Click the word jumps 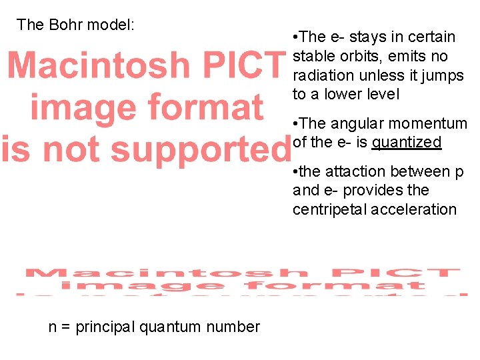tap(443, 75)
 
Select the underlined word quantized tap(407, 142)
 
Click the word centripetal tap(329, 209)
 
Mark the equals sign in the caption tap(66, 327)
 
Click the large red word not tap(65, 148)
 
